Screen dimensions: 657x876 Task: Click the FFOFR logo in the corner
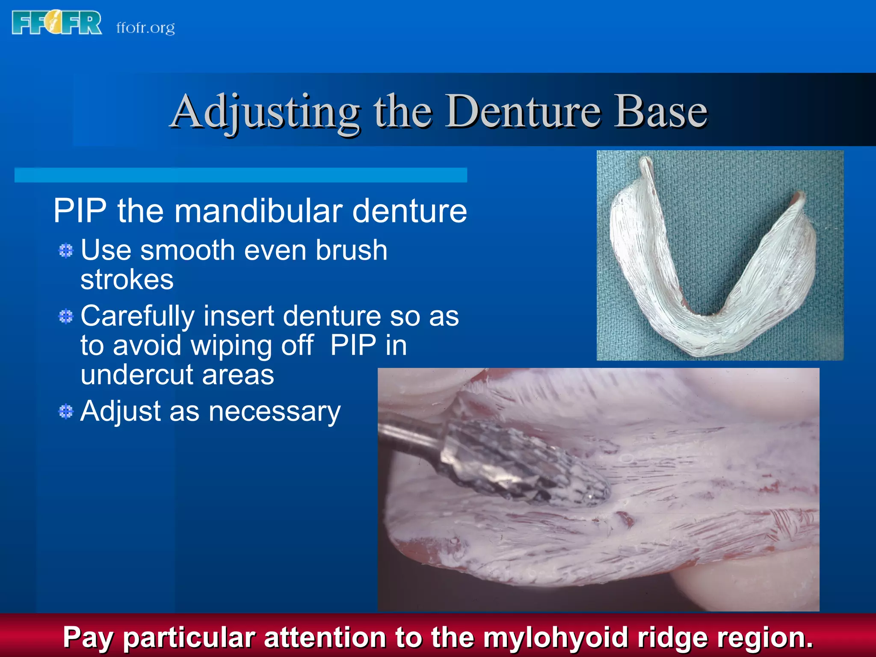(x=57, y=23)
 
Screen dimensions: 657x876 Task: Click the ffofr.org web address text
(x=145, y=28)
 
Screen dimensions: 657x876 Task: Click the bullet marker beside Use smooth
(x=66, y=251)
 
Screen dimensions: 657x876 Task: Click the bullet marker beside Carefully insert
(x=66, y=317)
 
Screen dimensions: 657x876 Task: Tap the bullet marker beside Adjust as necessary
(x=66, y=412)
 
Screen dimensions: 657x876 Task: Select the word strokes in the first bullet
(x=127, y=280)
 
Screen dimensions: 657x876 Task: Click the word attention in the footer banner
(x=326, y=638)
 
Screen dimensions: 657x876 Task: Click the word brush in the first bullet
(x=351, y=250)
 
